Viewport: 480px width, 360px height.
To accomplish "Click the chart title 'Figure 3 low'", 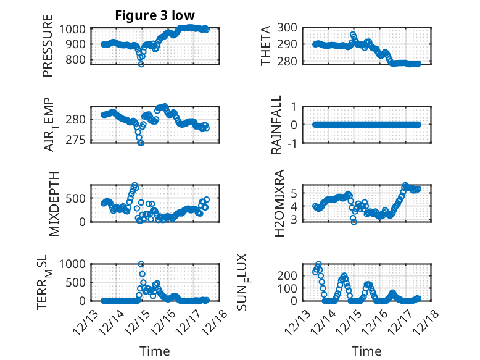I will [155, 16].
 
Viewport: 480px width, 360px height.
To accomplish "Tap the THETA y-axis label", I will [266, 45].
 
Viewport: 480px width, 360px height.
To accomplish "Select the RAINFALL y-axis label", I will [277, 125].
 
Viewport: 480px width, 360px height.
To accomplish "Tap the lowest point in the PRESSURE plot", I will [141, 64].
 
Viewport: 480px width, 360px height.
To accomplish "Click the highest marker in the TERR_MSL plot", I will [141, 264].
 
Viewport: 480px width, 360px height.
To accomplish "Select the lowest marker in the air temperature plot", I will [141, 143].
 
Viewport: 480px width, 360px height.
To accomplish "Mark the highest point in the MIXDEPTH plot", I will [135, 185].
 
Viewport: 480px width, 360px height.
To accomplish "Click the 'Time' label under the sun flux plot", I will [367, 351].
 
